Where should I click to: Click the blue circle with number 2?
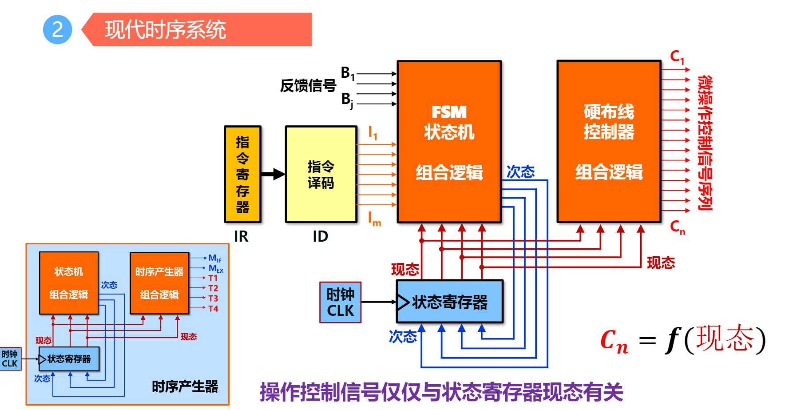(57, 30)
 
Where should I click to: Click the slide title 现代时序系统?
(165, 30)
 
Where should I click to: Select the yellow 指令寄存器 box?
(242, 174)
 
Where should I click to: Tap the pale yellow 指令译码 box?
(321, 174)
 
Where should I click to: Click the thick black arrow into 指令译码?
(273, 174)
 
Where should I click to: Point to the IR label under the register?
(241, 236)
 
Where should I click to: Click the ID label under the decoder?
(320, 236)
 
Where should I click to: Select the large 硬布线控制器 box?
(609, 141)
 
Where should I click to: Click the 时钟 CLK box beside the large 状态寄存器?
(340, 302)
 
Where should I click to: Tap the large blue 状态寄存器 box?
(449, 302)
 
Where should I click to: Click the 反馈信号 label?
(308, 85)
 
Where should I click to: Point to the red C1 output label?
(677, 57)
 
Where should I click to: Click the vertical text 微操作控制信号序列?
(705, 142)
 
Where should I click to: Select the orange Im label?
(374, 219)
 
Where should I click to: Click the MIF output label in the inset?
(214, 258)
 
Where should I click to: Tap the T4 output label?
(213, 309)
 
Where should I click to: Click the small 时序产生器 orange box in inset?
(159, 283)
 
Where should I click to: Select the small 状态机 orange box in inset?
(69, 283)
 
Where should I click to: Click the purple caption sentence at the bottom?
(441, 392)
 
